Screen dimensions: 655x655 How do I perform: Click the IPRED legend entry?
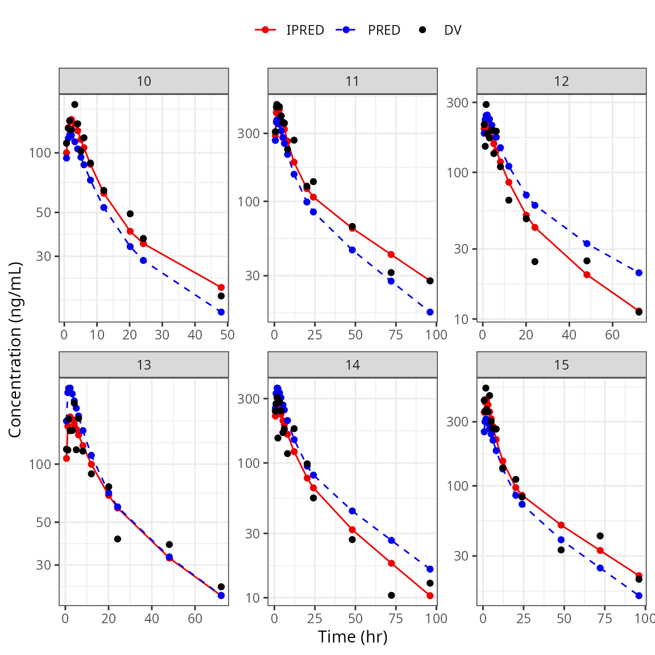(x=290, y=30)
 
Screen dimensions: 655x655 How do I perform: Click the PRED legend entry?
(x=370, y=30)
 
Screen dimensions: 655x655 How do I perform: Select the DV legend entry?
(x=441, y=30)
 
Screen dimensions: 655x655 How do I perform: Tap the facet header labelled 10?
(x=144, y=81)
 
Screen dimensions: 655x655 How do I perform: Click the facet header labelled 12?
(x=561, y=81)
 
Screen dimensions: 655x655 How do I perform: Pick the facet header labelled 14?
(x=353, y=365)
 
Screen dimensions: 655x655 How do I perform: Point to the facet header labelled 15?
(x=561, y=365)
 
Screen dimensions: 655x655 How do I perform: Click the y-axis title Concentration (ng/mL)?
(x=15, y=350)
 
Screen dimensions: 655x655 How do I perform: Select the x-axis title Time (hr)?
(x=353, y=637)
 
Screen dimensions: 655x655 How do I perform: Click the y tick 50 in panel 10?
(x=44, y=213)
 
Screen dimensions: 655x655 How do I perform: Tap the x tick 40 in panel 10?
(x=195, y=334)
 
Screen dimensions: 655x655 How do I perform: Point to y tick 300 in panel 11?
(x=248, y=134)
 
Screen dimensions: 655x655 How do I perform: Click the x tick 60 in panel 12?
(x=612, y=334)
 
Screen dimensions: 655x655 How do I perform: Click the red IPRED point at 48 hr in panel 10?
(x=221, y=288)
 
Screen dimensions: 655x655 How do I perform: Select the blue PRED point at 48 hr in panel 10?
(x=221, y=312)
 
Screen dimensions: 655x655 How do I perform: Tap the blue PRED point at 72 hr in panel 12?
(x=639, y=273)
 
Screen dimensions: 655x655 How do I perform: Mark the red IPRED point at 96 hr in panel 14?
(x=430, y=596)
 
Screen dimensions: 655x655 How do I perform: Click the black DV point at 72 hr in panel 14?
(x=391, y=595)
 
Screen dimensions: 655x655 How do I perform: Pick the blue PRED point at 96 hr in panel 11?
(x=430, y=312)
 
